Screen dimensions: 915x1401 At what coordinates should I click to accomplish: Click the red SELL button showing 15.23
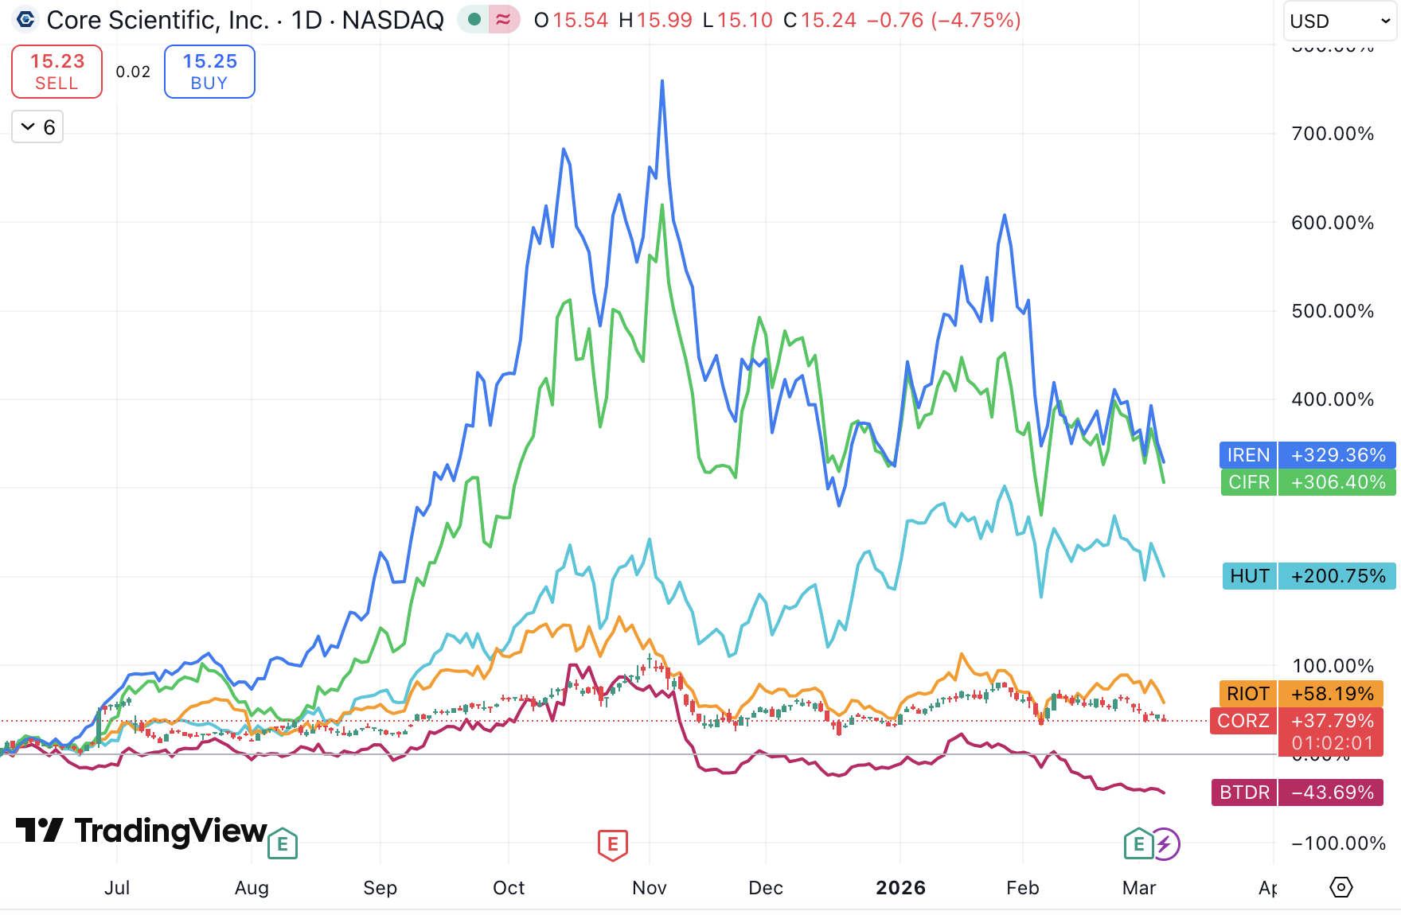point(57,72)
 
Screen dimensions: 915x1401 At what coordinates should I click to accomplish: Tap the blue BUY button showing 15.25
point(209,72)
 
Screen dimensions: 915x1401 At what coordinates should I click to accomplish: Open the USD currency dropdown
point(1340,21)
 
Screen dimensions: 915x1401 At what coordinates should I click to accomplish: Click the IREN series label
point(1247,455)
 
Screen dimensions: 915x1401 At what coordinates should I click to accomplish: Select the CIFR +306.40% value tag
point(1337,482)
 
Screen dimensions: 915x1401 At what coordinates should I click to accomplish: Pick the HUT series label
point(1249,576)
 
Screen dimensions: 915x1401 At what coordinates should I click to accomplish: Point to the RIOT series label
point(1247,694)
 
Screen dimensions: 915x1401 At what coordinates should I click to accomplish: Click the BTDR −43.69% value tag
point(1337,792)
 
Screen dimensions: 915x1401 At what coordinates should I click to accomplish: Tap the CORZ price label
point(1243,721)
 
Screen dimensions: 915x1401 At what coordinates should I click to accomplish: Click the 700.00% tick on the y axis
point(1333,134)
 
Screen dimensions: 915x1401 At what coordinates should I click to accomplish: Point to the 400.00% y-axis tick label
point(1333,399)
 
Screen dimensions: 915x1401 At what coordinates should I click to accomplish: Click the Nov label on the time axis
point(649,888)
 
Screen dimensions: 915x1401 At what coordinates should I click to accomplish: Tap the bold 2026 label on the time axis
point(900,888)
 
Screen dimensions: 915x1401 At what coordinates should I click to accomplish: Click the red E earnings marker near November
point(613,844)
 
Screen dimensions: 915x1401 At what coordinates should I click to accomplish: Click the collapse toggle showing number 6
point(37,127)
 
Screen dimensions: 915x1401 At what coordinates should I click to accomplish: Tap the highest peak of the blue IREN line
point(662,81)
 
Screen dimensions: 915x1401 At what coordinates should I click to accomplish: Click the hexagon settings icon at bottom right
point(1341,887)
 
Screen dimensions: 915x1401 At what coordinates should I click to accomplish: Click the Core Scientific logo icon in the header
point(25,19)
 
